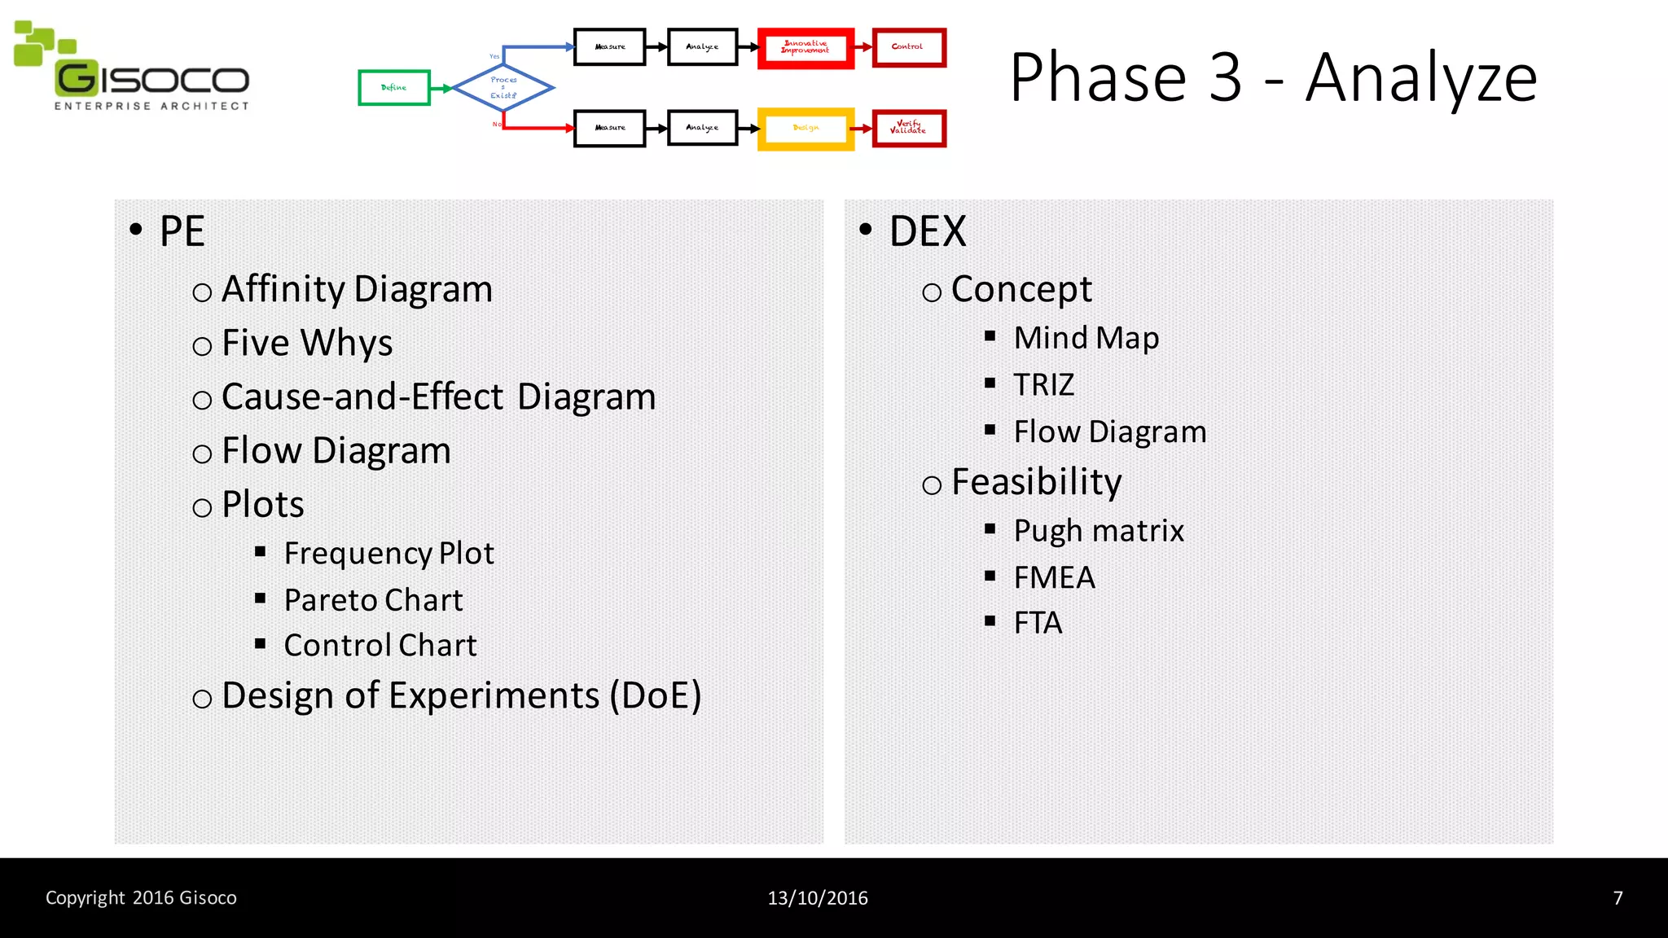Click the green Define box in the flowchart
coord(394,88)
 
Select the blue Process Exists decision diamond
coord(503,88)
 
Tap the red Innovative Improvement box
coord(805,48)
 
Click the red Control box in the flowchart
coord(908,47)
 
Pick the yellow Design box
coord(805,129)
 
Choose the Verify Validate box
coord(908,128)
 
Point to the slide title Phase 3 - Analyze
coord(1273,77)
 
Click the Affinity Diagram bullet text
coord(357,289)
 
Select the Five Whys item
coord(307,343)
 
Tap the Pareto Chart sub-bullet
coord(373,600)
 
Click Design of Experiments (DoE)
coord(461,695)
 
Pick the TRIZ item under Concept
coord(1043,384)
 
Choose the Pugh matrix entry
coord(1098,531)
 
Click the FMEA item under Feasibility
coord(1054,577)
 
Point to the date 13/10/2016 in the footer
coord(818,898)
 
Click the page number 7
coord(1618,898)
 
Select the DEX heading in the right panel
coord(927,231)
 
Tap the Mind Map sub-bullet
coord(1086,338)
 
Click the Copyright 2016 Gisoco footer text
coord(141,898)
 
